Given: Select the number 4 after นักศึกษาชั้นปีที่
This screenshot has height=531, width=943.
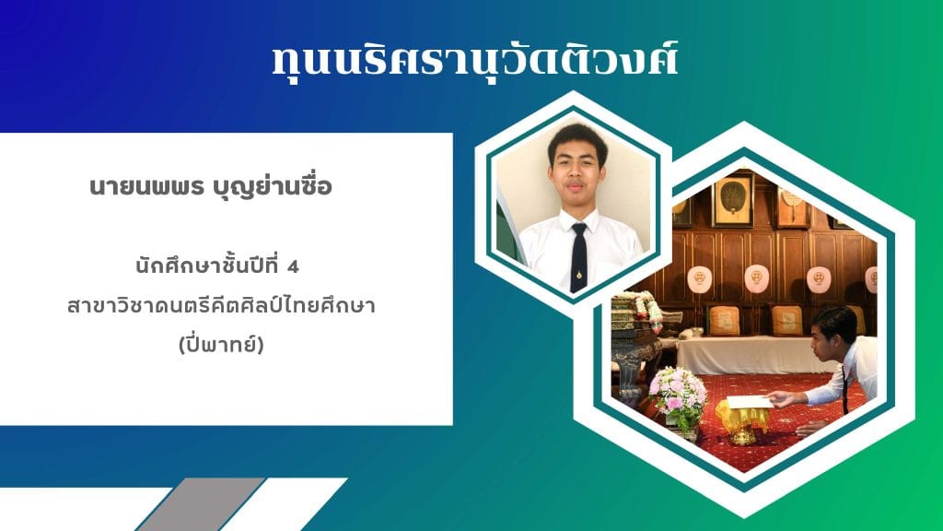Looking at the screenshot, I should coord(294,267).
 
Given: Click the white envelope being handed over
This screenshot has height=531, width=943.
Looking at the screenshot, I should coord(750,402).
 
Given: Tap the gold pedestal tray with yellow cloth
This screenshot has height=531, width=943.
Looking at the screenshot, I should coord(742,421).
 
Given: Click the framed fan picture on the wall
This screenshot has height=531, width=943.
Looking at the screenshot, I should coord(733,199).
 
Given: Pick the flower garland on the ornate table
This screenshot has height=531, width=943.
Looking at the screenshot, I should coord(641,308).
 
